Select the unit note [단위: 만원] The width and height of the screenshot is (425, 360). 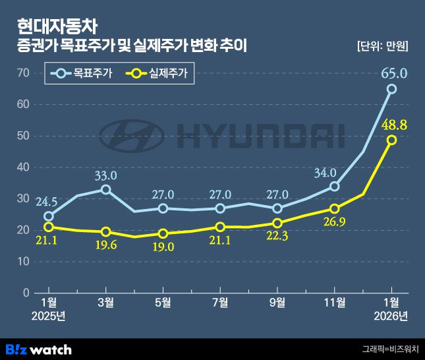point(382,47)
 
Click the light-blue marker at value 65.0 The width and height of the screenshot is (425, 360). point(391,89)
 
